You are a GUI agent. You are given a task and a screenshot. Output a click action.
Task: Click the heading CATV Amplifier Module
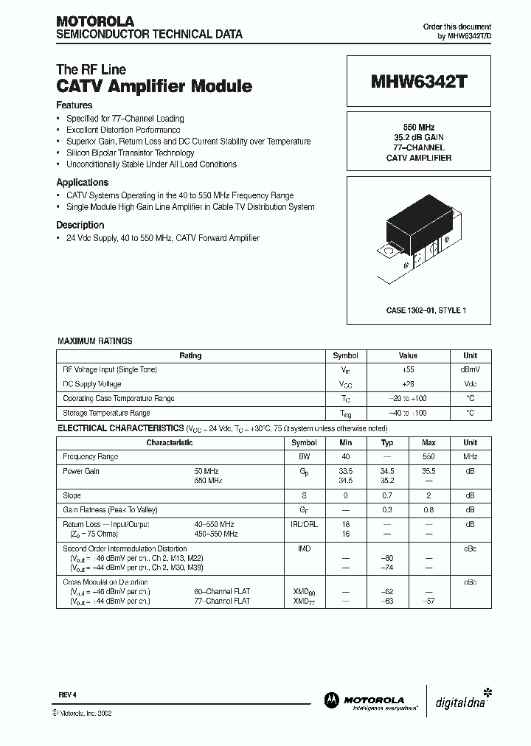point(154,86)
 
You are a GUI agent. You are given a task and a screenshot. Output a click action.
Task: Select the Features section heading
point(74,105)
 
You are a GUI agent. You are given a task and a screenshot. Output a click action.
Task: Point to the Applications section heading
point(82,182)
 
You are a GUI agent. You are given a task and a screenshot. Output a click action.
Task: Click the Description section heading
point(80,225)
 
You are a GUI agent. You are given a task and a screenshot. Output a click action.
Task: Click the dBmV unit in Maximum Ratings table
point(470,370)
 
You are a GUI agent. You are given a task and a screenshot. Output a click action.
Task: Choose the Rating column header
point(190,355)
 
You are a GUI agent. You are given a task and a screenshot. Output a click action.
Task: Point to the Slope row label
point(72,496)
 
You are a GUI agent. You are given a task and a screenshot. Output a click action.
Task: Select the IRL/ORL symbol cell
point(304,524)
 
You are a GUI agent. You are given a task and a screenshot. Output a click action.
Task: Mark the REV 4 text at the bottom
point(67,695)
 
